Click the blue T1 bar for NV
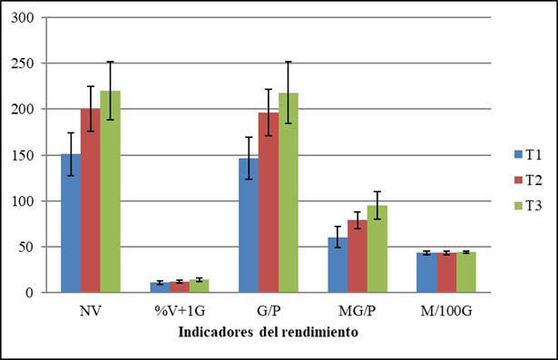pyautogui.click(x=70, y=223)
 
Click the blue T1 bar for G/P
pyautogui.click(x=248, y=225)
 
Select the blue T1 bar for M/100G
pyautogui.click(x=426, y=272)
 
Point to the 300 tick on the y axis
pyautogui.click(x=24, y=18)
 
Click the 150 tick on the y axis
pyautogui.click(x=24, y=155)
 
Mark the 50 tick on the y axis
pyautogui.click(x=28, y=247)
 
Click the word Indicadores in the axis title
pyautogui.click(x=221, y=332)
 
